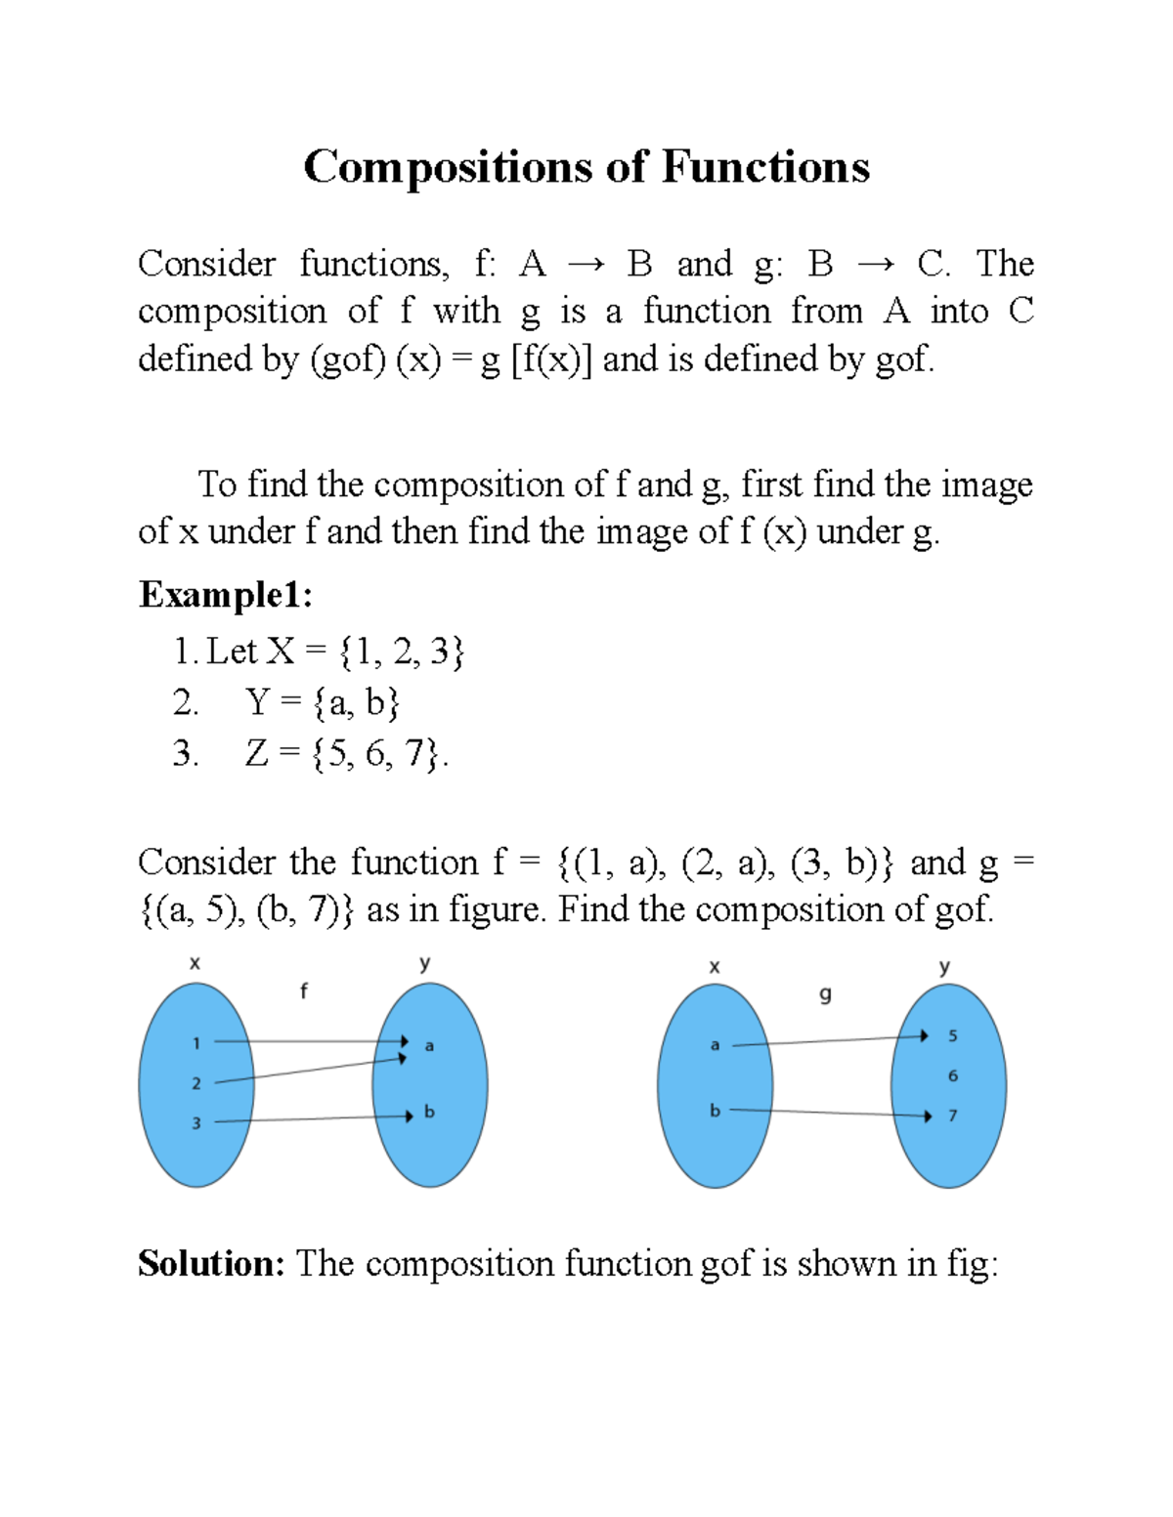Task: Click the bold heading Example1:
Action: [226, 595]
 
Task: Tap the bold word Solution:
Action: [211, 1263]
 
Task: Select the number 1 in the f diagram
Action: [196, 1043]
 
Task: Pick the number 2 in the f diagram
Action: [196, 1083]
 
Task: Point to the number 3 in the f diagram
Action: [196, 1123]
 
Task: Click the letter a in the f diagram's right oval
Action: [429, 1046]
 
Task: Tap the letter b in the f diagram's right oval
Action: [429, 1112]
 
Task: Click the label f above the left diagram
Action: [303, 991]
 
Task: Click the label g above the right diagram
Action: [825, 995]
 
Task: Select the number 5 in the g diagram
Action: [953, 1035]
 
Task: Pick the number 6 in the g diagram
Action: [953, 1075]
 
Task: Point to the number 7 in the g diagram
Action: [953, 1116]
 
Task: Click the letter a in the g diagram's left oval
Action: [715, 1045]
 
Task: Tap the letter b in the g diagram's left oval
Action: [715, 1111]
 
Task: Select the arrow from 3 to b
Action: [313, 1119]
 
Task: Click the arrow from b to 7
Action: [831, 1113]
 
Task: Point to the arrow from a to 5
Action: [831, 1040]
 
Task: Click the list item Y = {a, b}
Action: [323, 702]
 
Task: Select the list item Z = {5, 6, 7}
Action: [346, 753]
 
